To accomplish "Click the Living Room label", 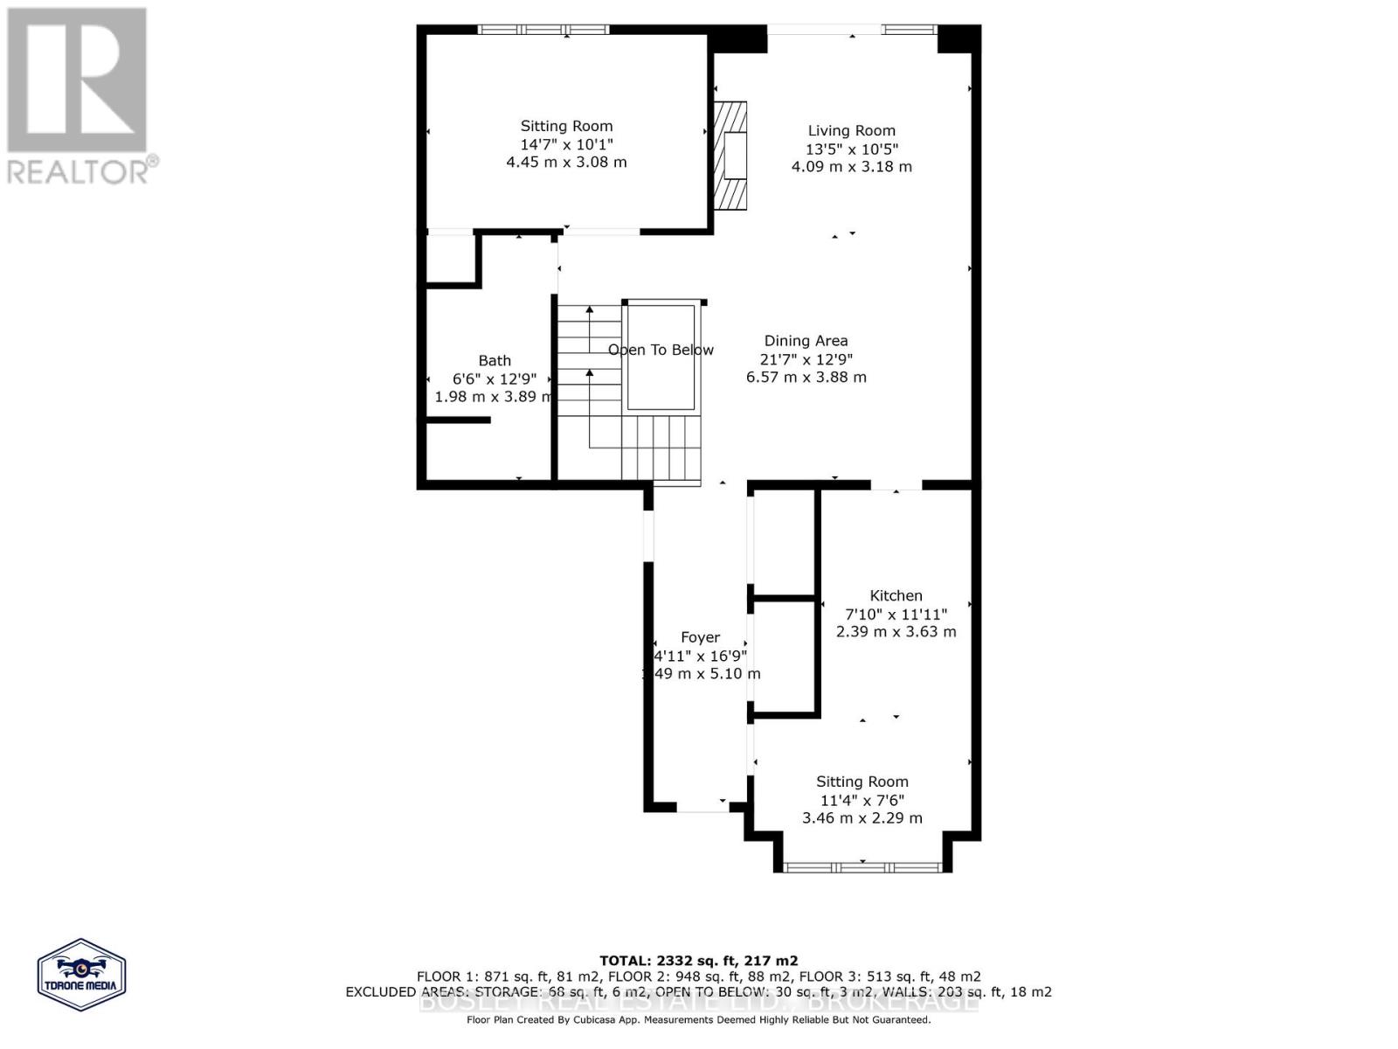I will click(851, 131).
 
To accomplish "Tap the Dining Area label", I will click(806, 341).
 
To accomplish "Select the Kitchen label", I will click(896, 595).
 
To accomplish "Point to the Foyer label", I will click(700, 638).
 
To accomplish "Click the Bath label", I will click(495, 360).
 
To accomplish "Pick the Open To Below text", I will click(661, 350).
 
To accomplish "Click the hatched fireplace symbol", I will click(730, 156).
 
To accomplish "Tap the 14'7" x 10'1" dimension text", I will click(566, 144).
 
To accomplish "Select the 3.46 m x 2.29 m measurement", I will click(862, 818).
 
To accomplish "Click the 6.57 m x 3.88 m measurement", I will click(806, 378).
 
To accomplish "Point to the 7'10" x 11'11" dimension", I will click(896, 615).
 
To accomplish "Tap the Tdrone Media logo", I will click(81, 975).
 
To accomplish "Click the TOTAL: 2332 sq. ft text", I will click(698, 960).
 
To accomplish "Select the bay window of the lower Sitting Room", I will click(862, 866).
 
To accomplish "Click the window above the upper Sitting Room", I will click(543, 30).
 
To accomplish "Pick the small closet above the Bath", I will click(450, 259).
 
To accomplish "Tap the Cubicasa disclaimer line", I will click(698, 1019).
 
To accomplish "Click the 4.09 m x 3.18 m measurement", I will click(851, 167).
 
